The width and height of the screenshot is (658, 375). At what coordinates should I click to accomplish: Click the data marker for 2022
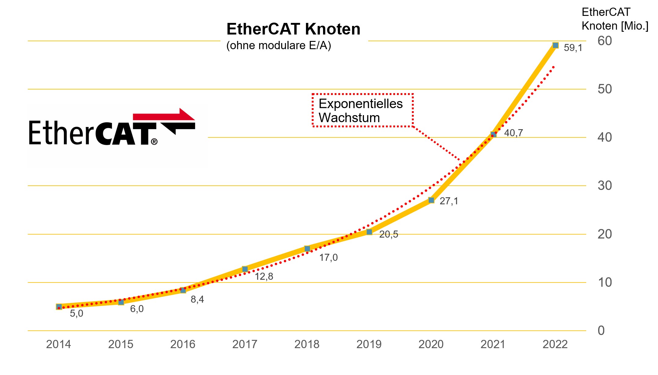tap(555, 46)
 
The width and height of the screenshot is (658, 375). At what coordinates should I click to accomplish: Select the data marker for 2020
tap(431, 200)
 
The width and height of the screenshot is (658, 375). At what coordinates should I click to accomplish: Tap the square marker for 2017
tap(245, 269)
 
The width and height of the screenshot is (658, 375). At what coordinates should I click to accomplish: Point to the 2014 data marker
tap(59, 307)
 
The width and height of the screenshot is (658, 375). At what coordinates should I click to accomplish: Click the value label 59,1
tap(573, 48)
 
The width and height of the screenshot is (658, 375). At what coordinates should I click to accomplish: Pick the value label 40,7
tap(513, 133)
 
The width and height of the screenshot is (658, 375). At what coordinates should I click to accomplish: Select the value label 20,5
tap(388, 234)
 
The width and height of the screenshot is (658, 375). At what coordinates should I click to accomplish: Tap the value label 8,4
tap(197, 299)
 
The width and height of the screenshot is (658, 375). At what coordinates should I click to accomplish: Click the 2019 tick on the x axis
tap(369, 344)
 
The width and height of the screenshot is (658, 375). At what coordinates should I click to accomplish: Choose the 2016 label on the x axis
tap(183, 344)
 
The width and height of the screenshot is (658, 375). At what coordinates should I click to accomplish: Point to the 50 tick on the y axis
tap(605, 89)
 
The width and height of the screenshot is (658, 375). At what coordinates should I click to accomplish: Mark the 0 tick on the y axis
tap(601, 330)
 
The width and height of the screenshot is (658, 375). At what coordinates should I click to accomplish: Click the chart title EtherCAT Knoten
tap(293, 29)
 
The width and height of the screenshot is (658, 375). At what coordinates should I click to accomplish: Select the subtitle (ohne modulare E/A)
tap(278, 46)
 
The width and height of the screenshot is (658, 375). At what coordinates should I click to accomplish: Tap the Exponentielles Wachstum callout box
tap(362, 111)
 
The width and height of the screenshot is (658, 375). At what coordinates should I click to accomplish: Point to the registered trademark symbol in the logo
tap(154, 141)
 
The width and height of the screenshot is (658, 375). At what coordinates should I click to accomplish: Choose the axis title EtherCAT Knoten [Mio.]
tap(614, 19)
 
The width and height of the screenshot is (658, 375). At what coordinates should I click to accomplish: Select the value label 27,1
tap(449, 201)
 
